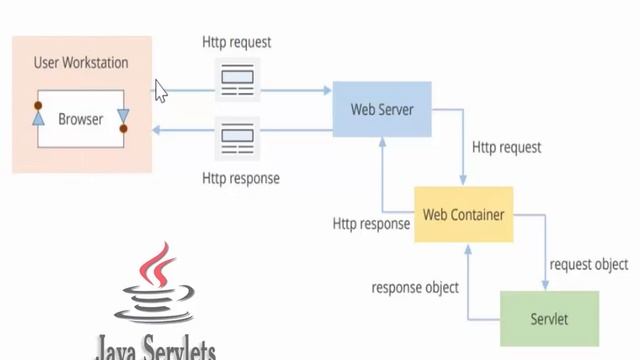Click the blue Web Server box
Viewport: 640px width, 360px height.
tap(382, 109)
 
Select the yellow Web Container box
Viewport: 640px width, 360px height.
tap(463, 214)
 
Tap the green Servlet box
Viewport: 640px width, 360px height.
tap(549, 319)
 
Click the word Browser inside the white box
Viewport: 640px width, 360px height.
tap(80, 119)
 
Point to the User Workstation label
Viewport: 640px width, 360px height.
tap(81, 63)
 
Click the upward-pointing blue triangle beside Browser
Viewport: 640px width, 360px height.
tap(38, 118)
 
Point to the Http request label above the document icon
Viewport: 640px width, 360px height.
tap(236, 42)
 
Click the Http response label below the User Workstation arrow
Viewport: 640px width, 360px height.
tap(240, 179)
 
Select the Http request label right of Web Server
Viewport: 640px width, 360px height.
tap(506, 147)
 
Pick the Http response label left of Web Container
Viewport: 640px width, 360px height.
tap(371, 224)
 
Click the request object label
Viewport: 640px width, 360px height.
tap(589, 265)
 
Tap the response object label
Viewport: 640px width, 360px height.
tap(415, 288)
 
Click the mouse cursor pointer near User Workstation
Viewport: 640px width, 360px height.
tap(160, 91)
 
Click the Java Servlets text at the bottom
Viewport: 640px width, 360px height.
tap(155, 349)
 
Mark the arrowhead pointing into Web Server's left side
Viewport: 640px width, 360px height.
tap(327, 91)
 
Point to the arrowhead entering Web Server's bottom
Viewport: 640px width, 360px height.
tap(381, 141)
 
